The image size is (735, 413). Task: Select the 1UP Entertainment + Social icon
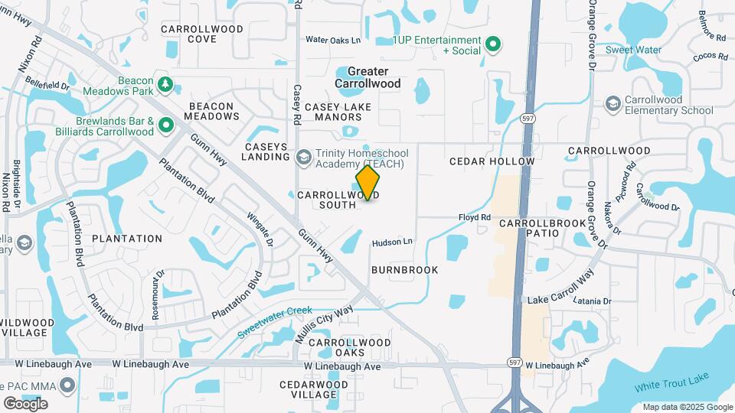pos(494,44)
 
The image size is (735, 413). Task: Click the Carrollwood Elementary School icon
pos(612,103)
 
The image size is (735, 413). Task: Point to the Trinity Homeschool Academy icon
pos(304,157)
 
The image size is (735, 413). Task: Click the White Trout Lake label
pos(671,383)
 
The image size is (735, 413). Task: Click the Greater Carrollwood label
pos(367,77)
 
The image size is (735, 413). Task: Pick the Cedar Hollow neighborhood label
pos(492,161)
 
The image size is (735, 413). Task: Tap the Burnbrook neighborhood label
pos(405,270)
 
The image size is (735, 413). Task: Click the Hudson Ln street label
pos(392,242)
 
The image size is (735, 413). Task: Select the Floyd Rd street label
pos(474,218)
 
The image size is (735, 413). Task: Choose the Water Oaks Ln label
pos(332,40)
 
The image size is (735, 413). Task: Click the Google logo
pos(25,403)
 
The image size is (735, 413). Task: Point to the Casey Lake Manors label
pos(333,112)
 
